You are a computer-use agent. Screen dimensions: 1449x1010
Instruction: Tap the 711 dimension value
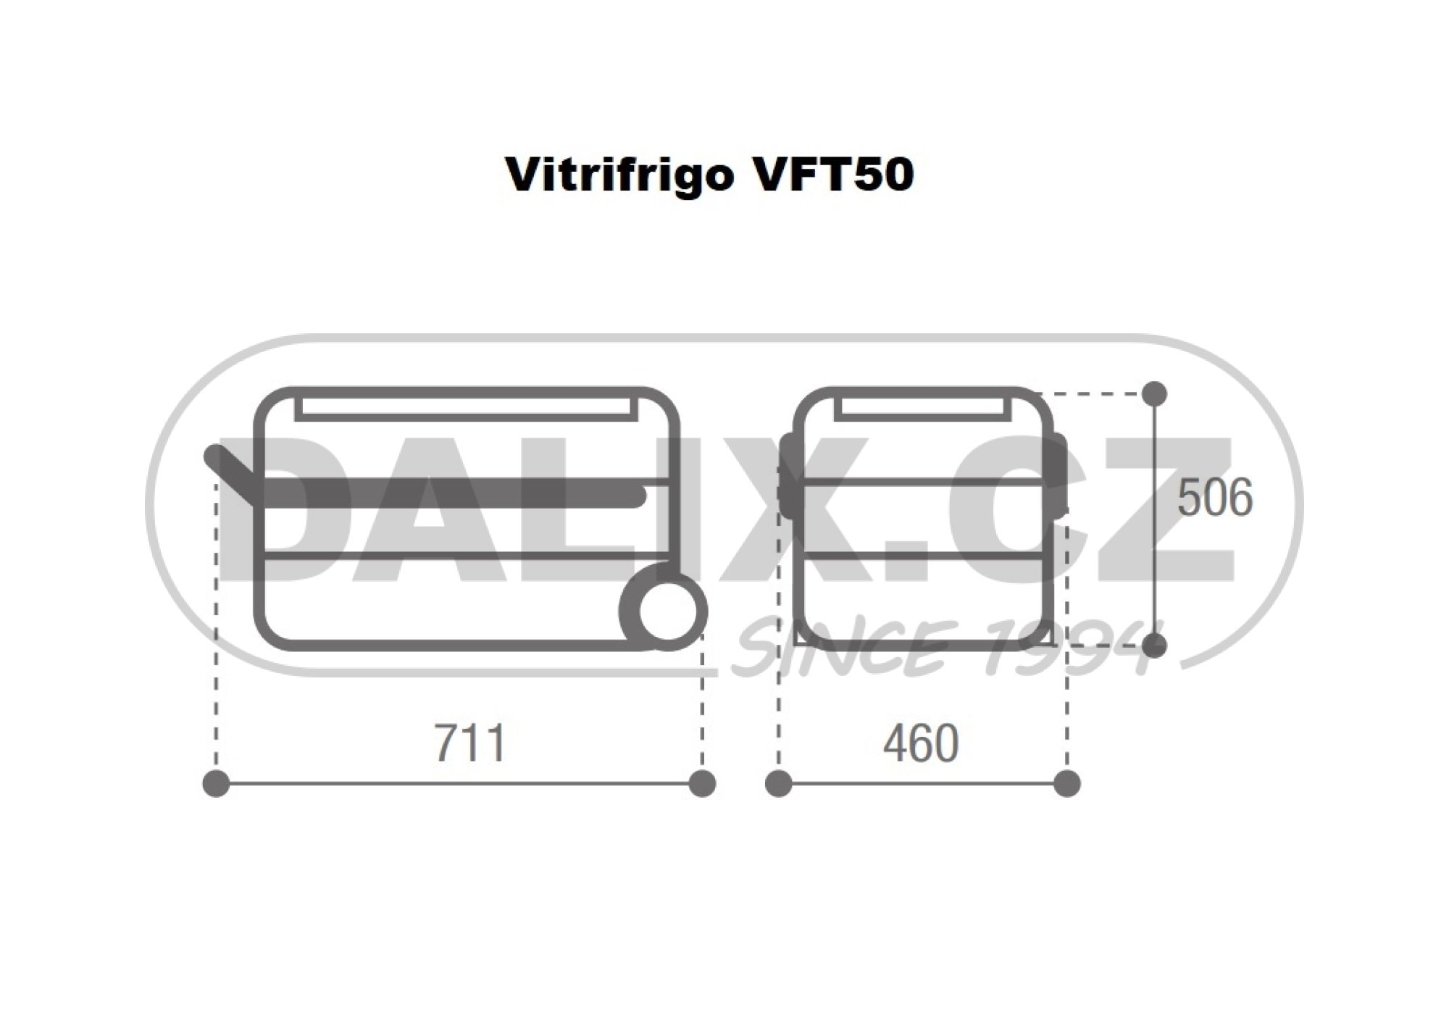(469, 743)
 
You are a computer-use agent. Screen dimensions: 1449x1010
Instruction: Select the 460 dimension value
(920, 743)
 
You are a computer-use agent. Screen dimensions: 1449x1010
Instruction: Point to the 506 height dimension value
(1215, 498)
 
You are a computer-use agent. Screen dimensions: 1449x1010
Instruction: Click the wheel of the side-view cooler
(664, 611)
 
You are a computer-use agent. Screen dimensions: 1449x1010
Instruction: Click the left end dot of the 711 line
(217, 784)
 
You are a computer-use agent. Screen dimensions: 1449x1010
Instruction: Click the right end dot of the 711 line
(701, 784)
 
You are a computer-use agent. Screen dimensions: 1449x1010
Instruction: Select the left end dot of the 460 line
(779, 784)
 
